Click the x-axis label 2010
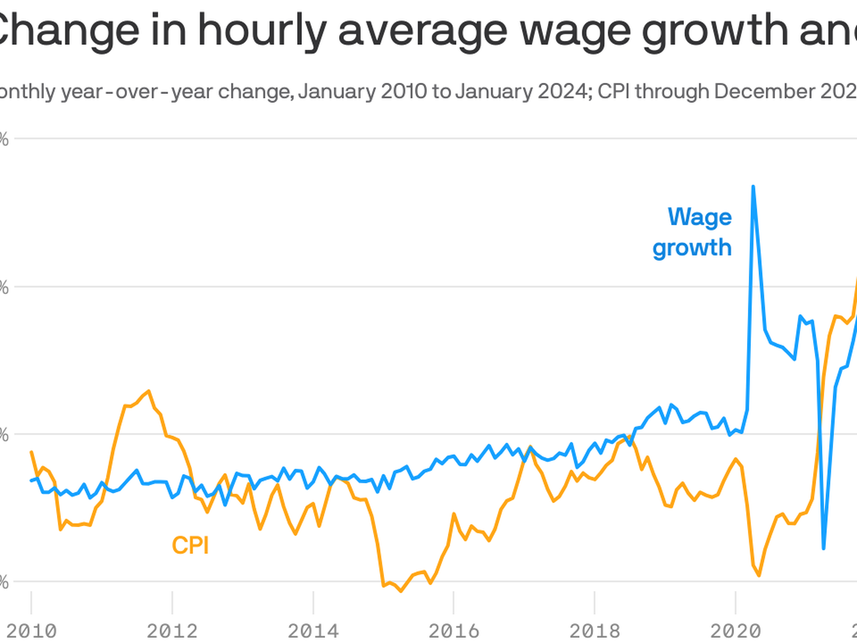(x=31, y=631)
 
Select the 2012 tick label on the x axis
(x=172, y=631)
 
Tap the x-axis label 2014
(x=313, y=631)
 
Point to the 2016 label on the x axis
(x=454, y=631)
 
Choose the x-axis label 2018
(x=595, y=631)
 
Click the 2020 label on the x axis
(x=736, y=631)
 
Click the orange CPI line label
(x=190, y=545)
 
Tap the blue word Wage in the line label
(x=699, y=217)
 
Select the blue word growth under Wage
(x=692, y=248)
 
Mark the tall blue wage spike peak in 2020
(x=753, y=187)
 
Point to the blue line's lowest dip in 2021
(x=824, y=548)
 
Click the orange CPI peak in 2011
(x=149, y=391)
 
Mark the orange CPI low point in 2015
(x=401, y=591)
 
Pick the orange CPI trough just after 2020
(x=759, y=576)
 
